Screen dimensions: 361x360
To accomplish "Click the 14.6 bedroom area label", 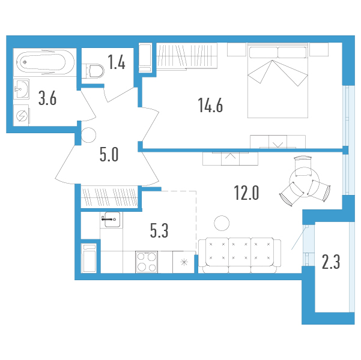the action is pos(210,106).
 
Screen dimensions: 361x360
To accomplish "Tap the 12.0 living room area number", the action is pos(246,193).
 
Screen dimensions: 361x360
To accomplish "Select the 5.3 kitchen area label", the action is pos(159,230).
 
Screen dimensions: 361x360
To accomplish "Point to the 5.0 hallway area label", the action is pos(109,155).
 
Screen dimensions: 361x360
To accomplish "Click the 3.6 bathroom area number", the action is pos(47,98).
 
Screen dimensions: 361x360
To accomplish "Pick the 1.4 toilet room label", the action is pos(117,62).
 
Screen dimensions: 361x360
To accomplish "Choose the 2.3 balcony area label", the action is pos(331,262).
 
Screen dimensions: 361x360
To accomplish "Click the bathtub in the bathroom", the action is pos(46,62).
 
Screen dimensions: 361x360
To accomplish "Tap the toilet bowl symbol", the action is pos(95,71).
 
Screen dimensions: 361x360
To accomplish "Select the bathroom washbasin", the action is pos(21,89).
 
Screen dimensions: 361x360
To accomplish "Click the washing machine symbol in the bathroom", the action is pos(21,115).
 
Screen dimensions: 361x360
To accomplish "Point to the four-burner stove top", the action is pos(147,262).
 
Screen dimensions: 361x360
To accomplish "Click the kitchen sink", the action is pos(112,220).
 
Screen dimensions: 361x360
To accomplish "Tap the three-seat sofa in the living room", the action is pos(240,256).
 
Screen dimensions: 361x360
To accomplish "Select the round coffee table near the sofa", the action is pos(222,223).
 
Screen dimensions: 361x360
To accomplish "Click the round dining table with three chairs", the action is pos(305,182).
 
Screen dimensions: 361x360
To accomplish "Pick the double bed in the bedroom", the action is pos(278,80).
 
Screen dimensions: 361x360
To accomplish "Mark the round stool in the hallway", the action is pos(89,135).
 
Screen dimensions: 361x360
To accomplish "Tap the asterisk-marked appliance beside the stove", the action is pos(184,262).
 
